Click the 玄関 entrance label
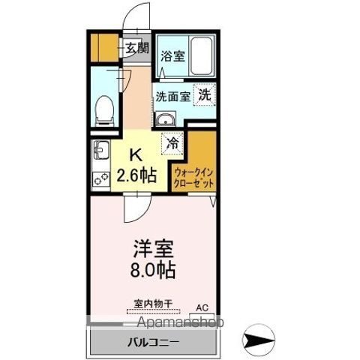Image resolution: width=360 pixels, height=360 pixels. [136, 50]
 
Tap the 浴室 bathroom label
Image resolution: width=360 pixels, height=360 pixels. [173, 55]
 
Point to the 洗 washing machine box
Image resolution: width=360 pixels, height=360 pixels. [205, 95]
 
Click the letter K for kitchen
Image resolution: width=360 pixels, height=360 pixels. [136, 156]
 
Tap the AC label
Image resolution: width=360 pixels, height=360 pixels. [201, 307]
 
